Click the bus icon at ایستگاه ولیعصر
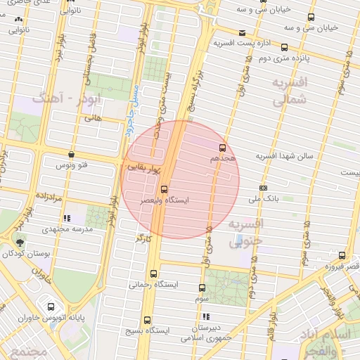tap(164, 189)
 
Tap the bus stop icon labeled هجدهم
tap(223, 148)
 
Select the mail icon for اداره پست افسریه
tap(242, 33)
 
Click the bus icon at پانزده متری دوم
tap(283, 48)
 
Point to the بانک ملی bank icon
tap(263, 188)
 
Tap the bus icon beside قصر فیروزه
tap(342, 256)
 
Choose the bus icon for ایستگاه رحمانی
tap(154, 274)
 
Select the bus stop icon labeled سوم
tap(202, 288)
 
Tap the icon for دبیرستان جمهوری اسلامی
tap(203, 316)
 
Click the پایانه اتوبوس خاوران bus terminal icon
tap(52, 307)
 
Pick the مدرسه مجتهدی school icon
tap(67, 219)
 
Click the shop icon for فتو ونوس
tap(71, 154)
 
